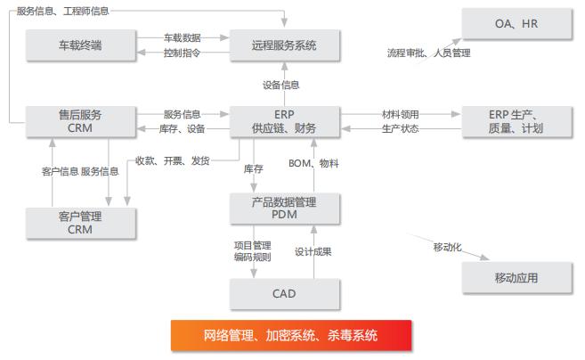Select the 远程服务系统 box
click(284, 45)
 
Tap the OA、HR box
click(516, 23)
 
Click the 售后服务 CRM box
click(80, 121)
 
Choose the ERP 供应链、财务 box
click(284, 121)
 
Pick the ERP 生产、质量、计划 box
click(516, 121)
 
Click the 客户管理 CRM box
click(80, 223)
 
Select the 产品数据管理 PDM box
click(284, 208)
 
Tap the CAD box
click(284, 293)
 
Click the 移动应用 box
click(516, 278)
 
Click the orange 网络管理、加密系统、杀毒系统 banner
click(290, 336)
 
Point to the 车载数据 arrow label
click(183, 38)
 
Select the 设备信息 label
click(280, 86)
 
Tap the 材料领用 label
click(401, 114)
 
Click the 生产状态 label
click(401, 128)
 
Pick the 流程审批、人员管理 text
click(428, 53)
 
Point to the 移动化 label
click(447, 246)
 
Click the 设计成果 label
click(313, 252)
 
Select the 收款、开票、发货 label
click(173, 160)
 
